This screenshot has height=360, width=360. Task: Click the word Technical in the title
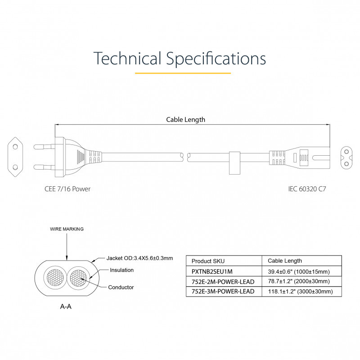click(x=127, y=59)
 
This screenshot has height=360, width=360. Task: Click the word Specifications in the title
click(x=216, y=59)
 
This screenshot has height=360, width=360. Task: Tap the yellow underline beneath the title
click(x=183, y=73)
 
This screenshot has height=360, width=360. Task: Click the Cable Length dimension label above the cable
click(x=185, y=120)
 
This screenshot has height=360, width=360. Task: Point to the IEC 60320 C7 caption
click(x=307, y=189)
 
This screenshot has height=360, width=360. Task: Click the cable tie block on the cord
click(x=234, y=162)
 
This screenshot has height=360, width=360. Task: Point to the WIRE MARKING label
click(x=67, y=229)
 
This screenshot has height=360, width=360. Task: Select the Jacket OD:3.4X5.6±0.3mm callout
click(x=140, y=258)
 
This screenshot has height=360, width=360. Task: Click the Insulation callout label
click(x=122, y=270)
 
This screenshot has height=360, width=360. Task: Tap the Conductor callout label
click(x=121, y=287)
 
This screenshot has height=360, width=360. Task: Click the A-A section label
click(x=66, y=306)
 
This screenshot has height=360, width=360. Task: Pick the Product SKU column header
click(x=208, y=261)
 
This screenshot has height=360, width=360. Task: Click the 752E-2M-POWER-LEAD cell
click(x=223, y=281)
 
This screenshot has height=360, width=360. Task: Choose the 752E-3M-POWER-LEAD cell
click(x=223, y=291)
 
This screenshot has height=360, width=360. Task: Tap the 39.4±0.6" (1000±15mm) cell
click(x=299, y=271)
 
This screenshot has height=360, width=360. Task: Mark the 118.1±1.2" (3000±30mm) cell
click(x=300, y=291)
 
